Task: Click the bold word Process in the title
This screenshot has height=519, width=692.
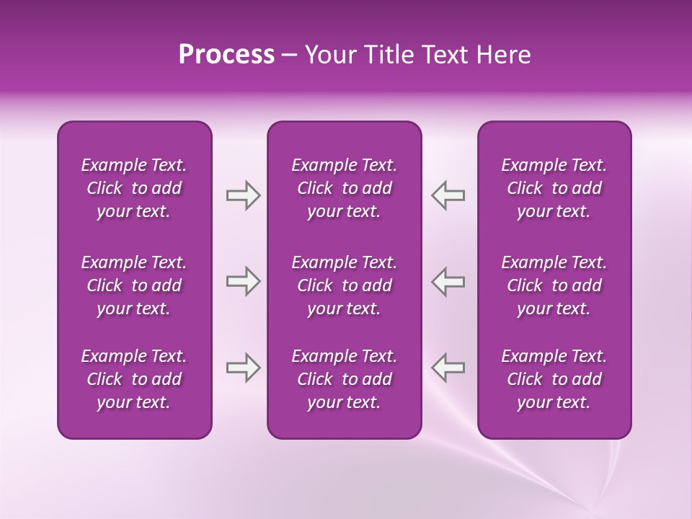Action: [x=226, y=55]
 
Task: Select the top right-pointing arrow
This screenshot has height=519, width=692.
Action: [x=243, y=195]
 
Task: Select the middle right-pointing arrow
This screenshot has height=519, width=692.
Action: [x=243, y=281]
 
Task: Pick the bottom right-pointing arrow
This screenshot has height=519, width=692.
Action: [x=243, y=368]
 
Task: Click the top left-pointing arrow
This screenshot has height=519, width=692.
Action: [x=448, y=195]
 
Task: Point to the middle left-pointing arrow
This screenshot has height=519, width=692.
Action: [x=448, y=281]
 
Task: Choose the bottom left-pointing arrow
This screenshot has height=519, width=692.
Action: [x=448, y=368]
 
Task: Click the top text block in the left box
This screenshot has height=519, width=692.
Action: [x=134, y=188]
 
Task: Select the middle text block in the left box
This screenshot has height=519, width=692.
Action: [x=134, y=285]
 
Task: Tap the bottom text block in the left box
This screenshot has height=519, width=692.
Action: [x=134, y=379]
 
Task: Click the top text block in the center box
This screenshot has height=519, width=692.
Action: [x=344, y=188]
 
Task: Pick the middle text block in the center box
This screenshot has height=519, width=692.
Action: [x=344, y=285]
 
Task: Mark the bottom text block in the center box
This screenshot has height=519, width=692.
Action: [x=344, y=379]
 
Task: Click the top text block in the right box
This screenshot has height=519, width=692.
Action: [x=554, y=188]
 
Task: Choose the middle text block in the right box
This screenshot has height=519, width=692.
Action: [x=554, y=285]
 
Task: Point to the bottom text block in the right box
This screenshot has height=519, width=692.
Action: [x=554, y=379]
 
